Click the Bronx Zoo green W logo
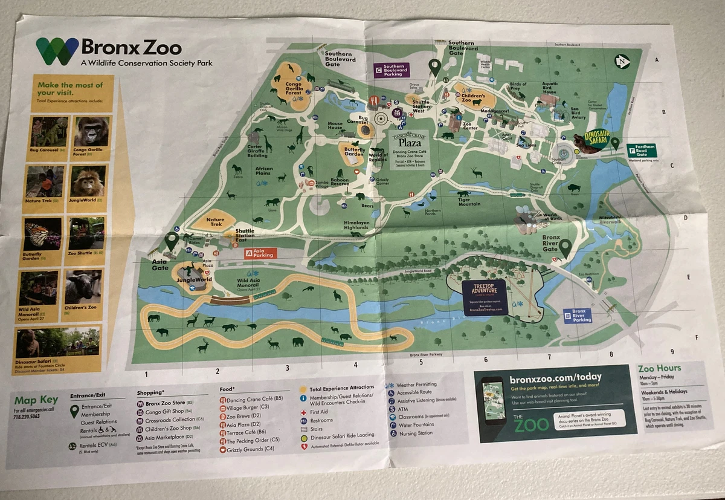click(57, 51)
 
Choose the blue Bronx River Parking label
click(577, 316)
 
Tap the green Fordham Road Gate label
click(641, 150)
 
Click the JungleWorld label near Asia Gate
click(195, 280)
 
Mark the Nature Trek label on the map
click(215, 222)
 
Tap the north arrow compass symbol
click(622, 61)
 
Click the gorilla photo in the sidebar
click(91, 131)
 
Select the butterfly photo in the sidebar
click(43, 234)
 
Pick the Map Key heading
click(36, 400)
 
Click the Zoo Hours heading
click(659, 368)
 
